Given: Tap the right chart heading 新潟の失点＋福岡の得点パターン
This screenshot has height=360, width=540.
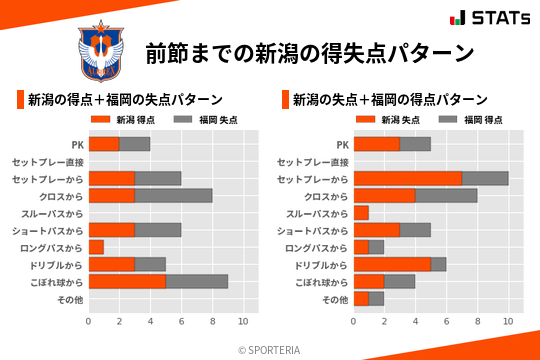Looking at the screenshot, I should click(390, 100).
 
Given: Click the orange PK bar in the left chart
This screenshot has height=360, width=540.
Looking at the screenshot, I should click(103, 144).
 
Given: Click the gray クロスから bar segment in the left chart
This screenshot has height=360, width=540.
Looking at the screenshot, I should click(173, 195).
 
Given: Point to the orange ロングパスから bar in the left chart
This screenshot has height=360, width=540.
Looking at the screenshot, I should click(96, 247).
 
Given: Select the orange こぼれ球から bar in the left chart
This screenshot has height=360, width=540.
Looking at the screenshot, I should click(126, 281).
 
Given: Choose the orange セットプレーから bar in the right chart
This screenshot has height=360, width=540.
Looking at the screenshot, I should click(407, 178).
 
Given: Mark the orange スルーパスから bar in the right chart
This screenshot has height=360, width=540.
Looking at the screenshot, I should click(361, 213).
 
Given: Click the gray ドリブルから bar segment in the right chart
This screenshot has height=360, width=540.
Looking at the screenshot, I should click(438, 264).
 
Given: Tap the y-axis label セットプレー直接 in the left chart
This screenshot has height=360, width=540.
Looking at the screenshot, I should click(54, 162).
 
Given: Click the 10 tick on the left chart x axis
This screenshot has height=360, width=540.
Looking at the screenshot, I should click(242, 322).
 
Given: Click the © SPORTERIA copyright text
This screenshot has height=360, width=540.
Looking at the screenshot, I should click(269, 349).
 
